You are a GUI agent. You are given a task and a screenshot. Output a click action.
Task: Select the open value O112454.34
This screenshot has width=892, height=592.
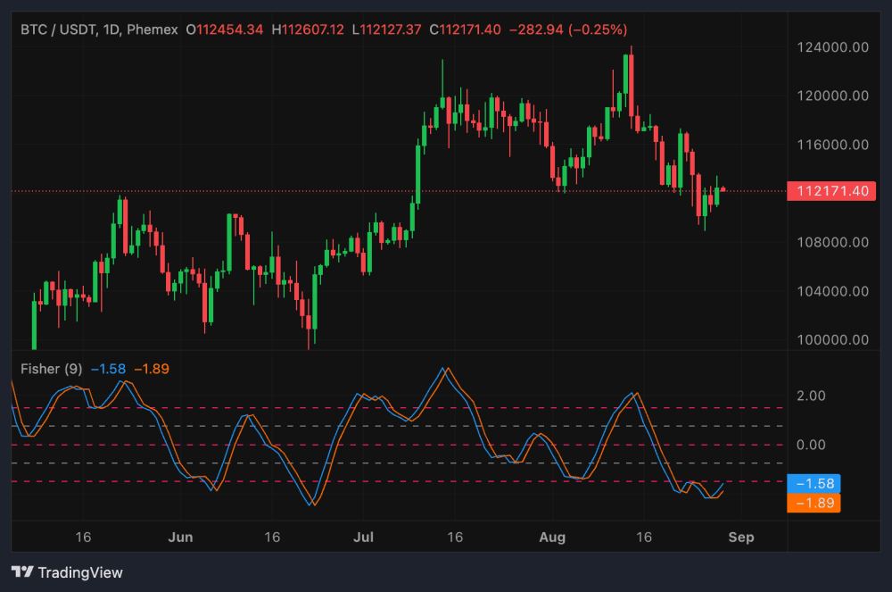pyautogui.click(x=224, y=29)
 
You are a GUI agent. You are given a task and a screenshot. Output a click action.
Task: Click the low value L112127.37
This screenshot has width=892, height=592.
pyautogui.click(x=388, y=29)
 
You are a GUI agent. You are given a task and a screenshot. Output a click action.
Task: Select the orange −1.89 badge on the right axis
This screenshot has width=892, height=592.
pyautogui.click(x=814, y=504)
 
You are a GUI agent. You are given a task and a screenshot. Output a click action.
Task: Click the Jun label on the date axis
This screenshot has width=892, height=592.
pyautogui.click(x=180, y=538)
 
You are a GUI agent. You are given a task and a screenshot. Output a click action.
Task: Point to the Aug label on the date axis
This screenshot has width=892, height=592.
pyautogui.click(x=553, y=538)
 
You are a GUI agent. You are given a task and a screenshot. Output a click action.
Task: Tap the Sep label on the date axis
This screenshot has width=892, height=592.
pyautogui.click(x=741, y=538)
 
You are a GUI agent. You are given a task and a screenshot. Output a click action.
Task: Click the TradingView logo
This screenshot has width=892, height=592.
pyautogui.click(x=68, y=572)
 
